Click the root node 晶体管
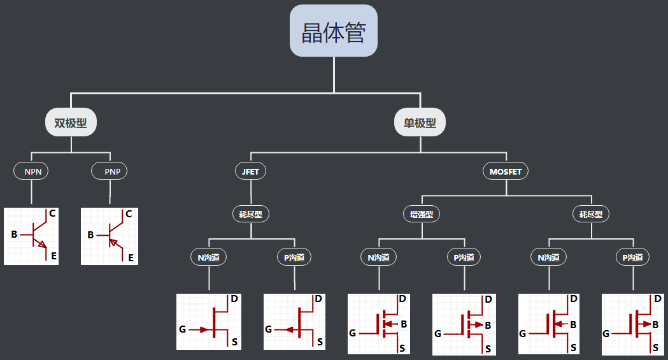[334, 31]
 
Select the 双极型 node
[71, 123]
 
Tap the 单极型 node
[420, 123]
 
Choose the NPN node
[32, 171]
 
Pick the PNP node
[110, 171]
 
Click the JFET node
[250, 171]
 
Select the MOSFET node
[506, 171]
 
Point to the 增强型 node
[422, 214]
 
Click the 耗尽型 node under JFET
[251, 214]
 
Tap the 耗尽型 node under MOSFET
[591, 214]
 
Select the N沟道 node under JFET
[209, 257]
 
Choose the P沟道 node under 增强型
[464, 257]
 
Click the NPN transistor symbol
[31, 236]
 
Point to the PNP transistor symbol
[110, 236]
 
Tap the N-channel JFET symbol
[209, 321]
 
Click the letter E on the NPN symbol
[54, 256]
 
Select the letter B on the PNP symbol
[90, 235]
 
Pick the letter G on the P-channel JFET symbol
[268, 329]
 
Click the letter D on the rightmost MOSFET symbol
[657, 298]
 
